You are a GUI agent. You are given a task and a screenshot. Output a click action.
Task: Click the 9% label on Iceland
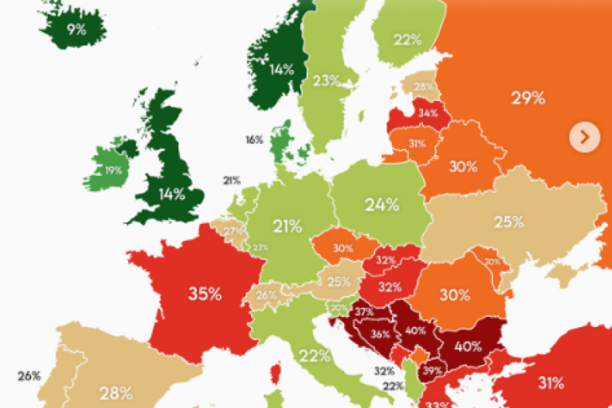pos(76,31)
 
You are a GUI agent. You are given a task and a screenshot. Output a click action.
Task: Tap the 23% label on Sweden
pos(326,80)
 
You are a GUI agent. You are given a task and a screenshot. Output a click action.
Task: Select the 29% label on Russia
pos(528,98)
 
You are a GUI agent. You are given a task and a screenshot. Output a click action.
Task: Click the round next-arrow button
pos(584,137)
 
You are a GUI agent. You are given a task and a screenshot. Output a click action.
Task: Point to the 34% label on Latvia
pos(428,113)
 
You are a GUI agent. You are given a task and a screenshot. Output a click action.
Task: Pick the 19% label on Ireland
pos(113,170)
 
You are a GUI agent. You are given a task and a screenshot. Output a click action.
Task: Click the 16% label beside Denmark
pos(254,139)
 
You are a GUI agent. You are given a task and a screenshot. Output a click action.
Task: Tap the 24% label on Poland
pos(382,205)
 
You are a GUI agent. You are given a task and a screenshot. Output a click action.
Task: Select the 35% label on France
pos(205,294)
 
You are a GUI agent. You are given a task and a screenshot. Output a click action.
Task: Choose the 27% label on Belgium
pos(233,232)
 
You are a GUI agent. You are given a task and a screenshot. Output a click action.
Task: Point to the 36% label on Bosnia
pos(380,334)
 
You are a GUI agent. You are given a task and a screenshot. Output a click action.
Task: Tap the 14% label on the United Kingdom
pos(171,194)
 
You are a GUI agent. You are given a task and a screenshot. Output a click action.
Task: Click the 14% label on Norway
pos(281,70)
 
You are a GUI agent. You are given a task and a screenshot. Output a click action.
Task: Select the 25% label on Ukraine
pos(508,221)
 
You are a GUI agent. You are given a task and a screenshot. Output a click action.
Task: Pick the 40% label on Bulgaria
pos(467,346)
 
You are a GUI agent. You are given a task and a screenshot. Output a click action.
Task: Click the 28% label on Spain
pos(115,392)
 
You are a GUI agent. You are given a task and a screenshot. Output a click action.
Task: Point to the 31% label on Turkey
pos(550,382)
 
